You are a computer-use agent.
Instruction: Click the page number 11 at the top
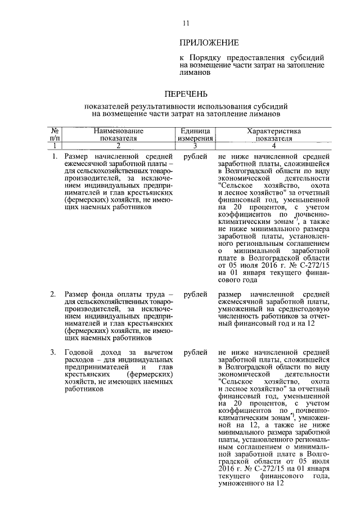(x=186, y=23)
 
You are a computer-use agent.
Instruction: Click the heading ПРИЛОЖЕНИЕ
(x=209, y=43)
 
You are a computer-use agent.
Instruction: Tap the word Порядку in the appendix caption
(x=208, y=57)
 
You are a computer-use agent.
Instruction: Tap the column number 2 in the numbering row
(x=119, y=145)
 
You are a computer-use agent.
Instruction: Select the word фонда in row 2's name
(x=103, y=294)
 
